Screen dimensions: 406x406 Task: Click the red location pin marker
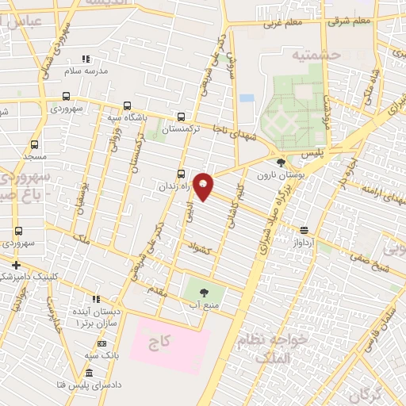(203, 186)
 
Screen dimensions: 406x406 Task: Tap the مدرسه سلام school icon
(86, 59)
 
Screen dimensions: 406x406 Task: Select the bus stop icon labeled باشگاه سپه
(127, 106)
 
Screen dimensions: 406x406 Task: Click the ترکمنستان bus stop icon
(182, 116)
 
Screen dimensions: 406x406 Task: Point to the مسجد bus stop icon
(34, 145)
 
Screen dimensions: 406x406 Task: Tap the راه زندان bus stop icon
(182, 174)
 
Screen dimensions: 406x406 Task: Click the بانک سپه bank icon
(101, 343)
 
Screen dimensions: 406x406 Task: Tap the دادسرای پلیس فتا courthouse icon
(88, 373)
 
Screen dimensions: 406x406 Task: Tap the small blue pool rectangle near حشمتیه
(247, 98)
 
